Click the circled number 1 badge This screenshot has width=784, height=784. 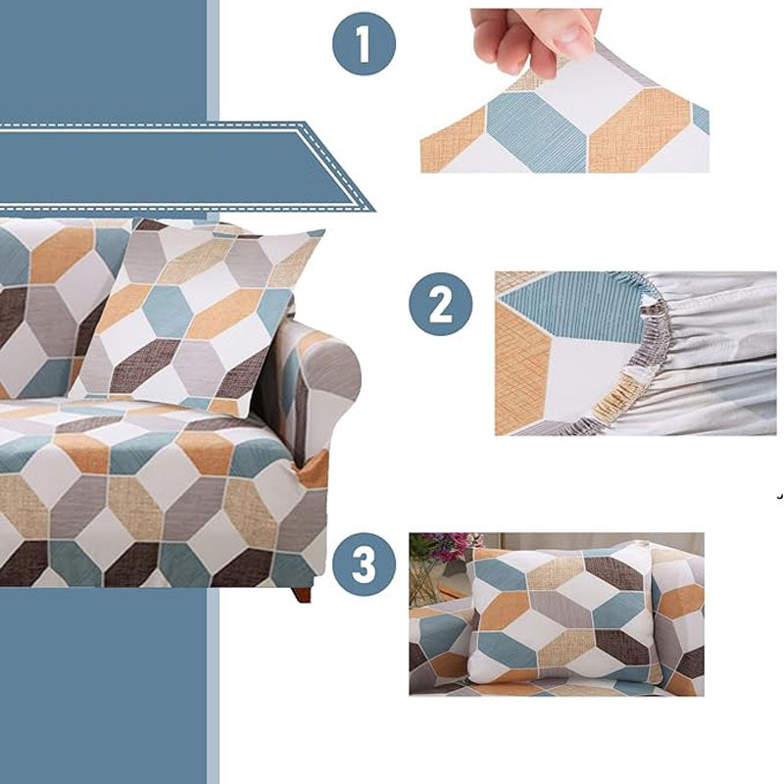[x=364, y=43]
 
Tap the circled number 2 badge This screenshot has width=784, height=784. [x=440, y=306]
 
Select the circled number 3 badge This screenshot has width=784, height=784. [x=364, y=565]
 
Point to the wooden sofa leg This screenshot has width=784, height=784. [x=302, y=594]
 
